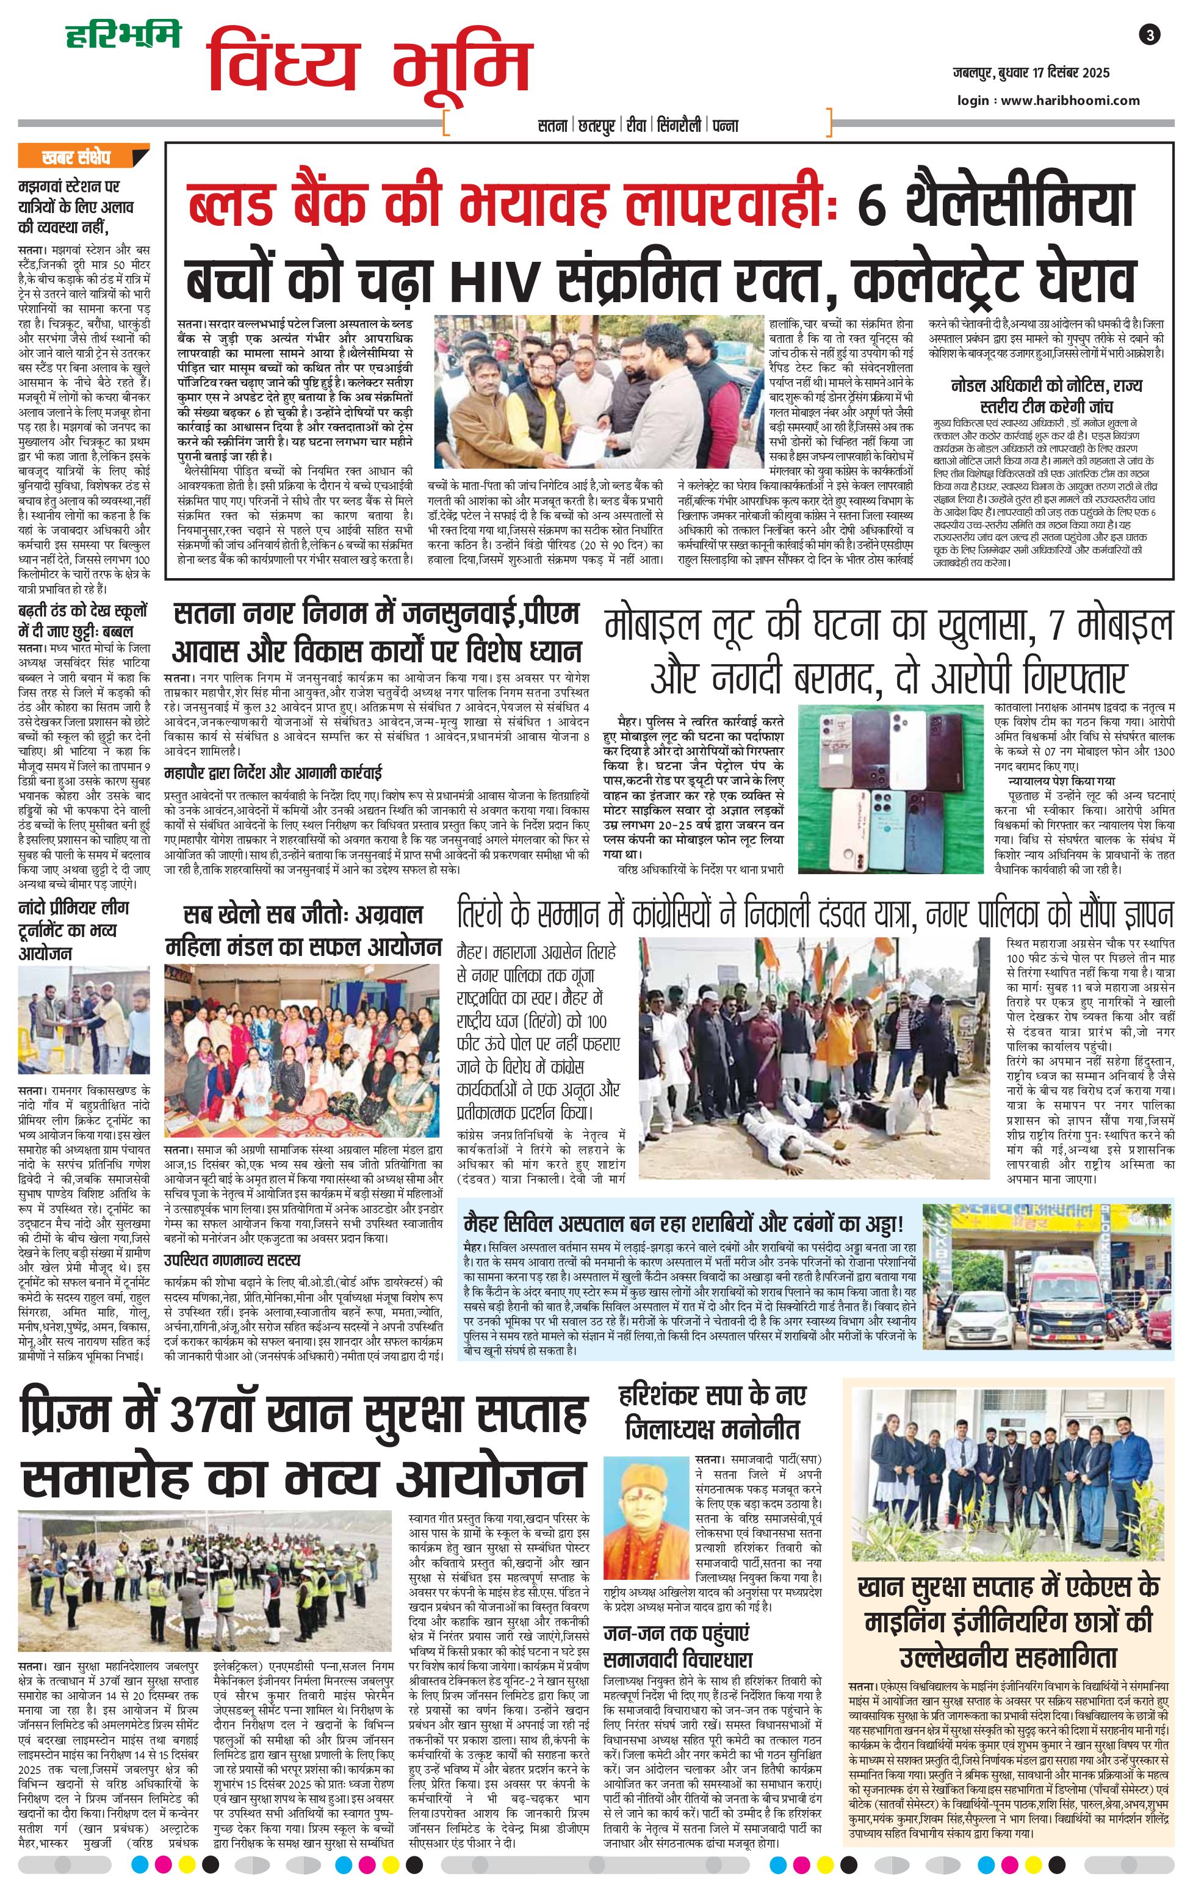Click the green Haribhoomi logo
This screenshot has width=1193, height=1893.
(122, 35)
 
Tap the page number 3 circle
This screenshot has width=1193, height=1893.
(1150, 35)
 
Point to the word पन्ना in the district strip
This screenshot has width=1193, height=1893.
(724, 125)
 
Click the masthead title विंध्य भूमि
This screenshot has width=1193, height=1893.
(369, 67)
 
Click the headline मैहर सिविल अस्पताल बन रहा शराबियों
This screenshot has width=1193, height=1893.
(683, 1224)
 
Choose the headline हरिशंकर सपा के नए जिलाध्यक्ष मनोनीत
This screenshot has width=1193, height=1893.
(713, 1413)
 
